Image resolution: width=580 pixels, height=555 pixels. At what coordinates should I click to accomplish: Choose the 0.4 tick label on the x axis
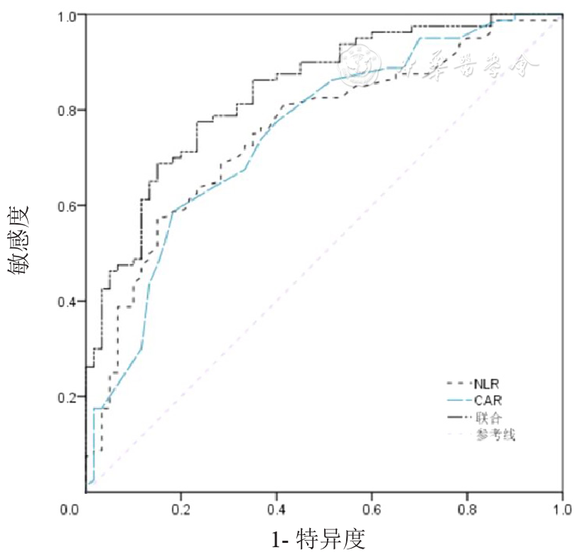276,509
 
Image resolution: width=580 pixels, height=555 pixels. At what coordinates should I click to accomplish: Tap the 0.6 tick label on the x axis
372,509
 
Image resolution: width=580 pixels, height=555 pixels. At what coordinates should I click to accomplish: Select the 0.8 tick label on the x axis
467,509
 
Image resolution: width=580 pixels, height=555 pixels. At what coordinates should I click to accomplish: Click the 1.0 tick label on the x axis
562,509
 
